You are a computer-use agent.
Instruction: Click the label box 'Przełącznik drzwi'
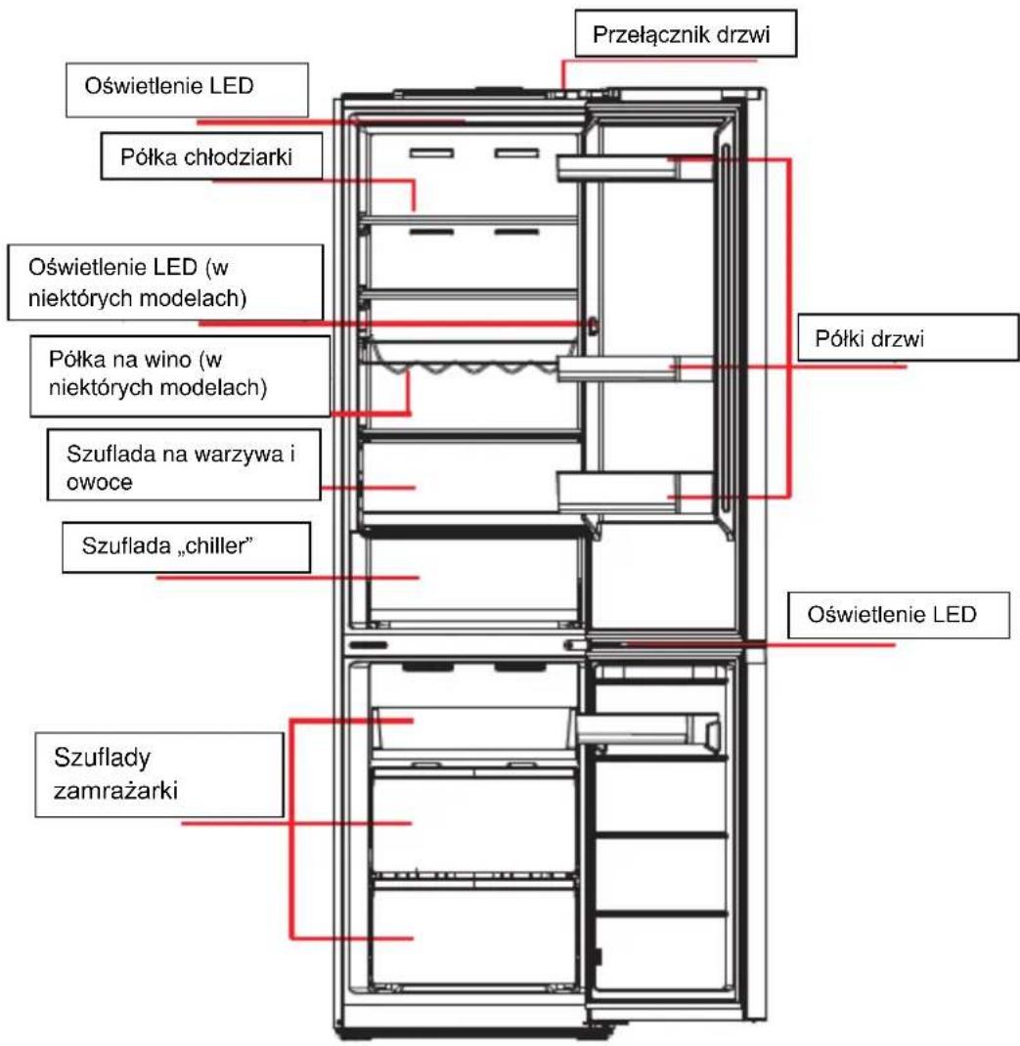686,33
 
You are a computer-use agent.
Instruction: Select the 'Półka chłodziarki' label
211,156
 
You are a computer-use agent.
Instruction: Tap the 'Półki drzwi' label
909,337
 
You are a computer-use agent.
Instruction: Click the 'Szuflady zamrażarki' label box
159,774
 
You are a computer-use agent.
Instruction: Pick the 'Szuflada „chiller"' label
186,547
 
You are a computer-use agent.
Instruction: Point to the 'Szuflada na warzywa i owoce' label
184,464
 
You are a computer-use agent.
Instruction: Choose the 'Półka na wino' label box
180,376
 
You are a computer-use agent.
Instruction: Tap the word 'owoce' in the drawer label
100,482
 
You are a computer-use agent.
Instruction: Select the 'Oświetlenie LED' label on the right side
899,614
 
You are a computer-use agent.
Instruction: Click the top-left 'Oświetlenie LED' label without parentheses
187,89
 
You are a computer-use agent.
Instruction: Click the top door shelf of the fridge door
634,168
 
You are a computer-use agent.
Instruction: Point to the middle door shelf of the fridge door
634,369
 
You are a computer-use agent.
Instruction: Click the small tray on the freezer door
647,729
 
